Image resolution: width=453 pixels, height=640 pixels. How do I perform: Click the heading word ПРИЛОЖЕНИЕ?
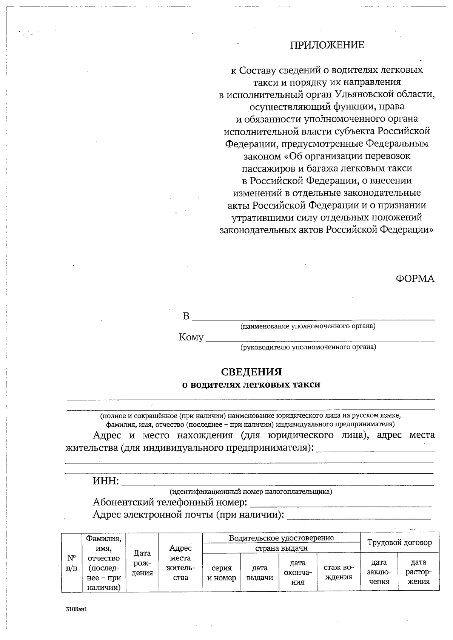(327, 45)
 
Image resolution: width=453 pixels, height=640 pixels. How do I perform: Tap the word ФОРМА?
(415, 279)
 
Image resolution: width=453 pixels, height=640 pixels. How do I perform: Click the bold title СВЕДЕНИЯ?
(251, 372)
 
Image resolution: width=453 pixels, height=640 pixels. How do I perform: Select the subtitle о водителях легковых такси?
(251, 385)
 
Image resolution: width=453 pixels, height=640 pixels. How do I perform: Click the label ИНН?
(106, 481)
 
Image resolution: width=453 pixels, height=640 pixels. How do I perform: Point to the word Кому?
(191, 337)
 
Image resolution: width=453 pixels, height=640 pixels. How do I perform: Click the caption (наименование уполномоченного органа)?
(308, 326)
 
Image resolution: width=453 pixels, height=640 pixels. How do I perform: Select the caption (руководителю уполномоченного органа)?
(308, 347)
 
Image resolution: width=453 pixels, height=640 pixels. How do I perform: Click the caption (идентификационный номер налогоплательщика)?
(251, 491)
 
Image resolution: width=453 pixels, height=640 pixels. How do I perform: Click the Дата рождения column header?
(142, 563)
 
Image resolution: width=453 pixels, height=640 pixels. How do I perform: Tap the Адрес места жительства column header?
(180, 563)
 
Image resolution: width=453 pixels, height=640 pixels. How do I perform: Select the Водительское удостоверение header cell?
(281, 538)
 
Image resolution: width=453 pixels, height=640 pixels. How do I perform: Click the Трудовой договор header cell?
(399, 543)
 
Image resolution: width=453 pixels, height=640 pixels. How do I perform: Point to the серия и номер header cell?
(222, 573)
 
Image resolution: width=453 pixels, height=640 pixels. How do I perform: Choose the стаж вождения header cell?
(338, 572)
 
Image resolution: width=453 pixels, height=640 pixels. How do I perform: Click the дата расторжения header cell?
(418, 572)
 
